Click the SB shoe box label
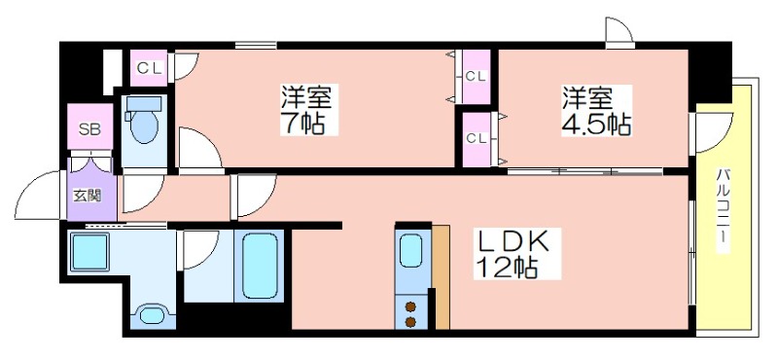(x=88, y=128)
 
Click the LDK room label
(x=512, y=241)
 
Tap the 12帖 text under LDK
(x=506, y=268)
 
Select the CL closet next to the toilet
(x=150, y=67)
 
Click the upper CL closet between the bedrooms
(x=476, y=75)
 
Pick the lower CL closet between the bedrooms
(x=476, y=137)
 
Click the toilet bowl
(x=144, y=127)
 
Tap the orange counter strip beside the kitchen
(x=442, y=276)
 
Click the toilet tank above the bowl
(x=144, y=102)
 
